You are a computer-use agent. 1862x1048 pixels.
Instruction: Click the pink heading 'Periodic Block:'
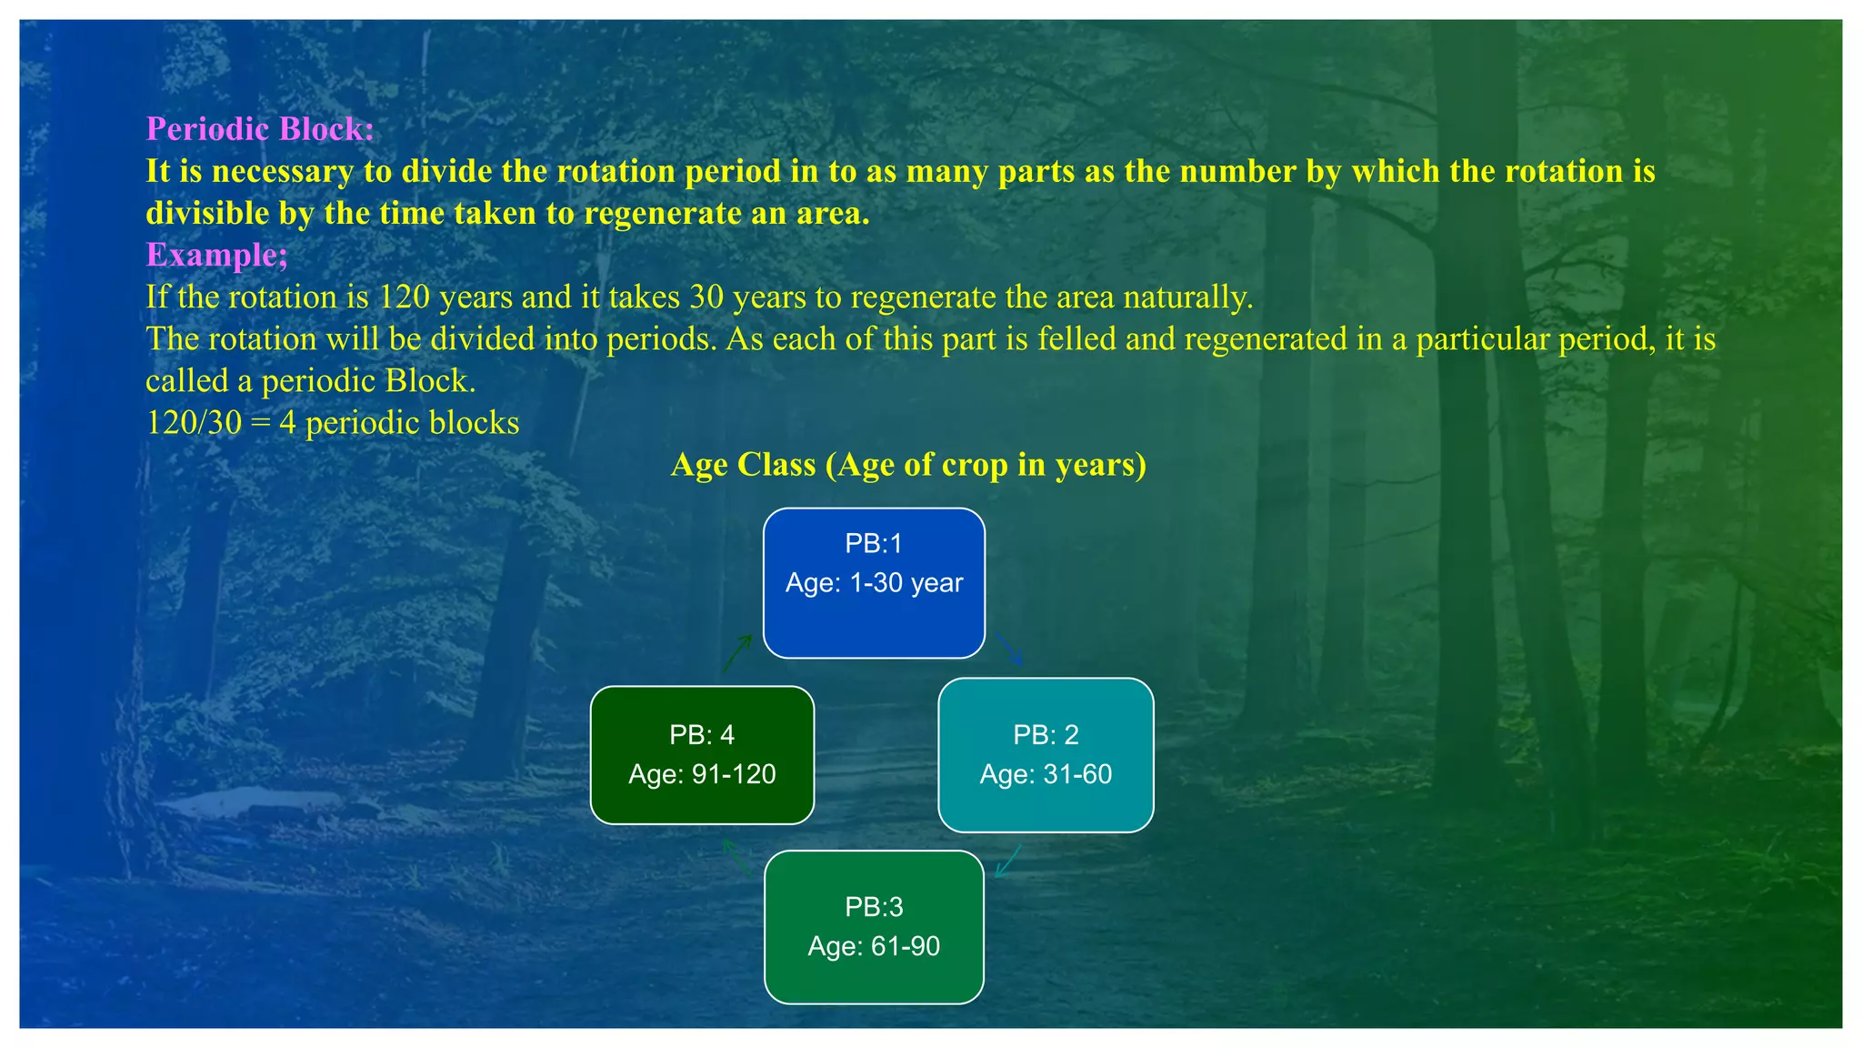(x=260, y=129)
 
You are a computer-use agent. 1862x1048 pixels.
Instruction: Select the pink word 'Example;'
(x=217, y=255)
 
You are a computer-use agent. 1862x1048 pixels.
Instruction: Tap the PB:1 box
(x=874, y=583)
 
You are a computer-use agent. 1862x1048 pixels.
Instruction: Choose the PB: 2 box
(x=1046, y=755)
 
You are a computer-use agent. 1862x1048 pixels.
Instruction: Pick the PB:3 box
(x=874, y=927)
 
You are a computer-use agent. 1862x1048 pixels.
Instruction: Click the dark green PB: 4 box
(x=702, y=755)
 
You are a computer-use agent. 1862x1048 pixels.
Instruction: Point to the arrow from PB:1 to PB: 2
(x=1009, y=650)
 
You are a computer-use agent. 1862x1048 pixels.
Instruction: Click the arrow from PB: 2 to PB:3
(x=1008, y=862)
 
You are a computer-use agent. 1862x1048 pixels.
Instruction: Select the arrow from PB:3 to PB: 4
(x=736, y=857)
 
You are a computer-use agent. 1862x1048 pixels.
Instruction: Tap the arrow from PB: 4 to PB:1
(x=737, y=654)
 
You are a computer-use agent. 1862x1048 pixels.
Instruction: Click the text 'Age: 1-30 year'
(x=874, y=583)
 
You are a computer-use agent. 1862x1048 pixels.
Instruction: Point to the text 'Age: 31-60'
(x=1046, y=775)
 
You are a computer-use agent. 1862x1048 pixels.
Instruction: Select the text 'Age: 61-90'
(x=874, y=947)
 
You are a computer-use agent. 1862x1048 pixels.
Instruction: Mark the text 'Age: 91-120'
(x=702, y=775)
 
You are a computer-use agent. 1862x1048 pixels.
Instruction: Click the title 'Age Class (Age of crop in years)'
(x=908, y=465)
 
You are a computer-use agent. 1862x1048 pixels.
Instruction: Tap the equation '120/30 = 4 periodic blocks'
(x=333, y=423)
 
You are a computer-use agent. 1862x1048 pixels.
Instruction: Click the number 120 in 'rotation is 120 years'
(x=405, y=297)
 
